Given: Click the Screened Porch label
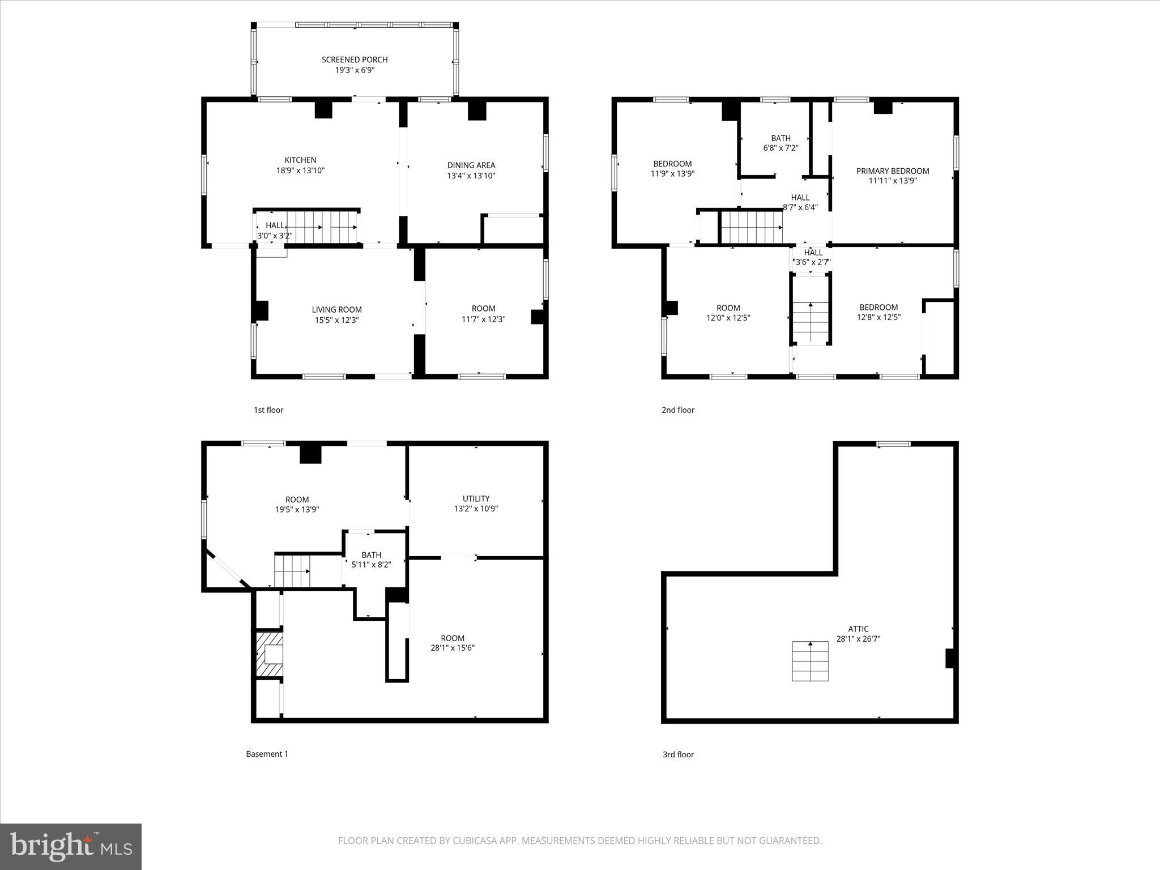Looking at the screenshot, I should pos(355,59).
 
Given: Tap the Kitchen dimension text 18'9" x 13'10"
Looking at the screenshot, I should pos(300,170).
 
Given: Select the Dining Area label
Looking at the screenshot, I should pos(471,165).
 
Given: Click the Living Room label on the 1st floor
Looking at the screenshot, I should pos(336,310).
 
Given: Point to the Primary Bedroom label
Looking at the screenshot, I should pos(893,171).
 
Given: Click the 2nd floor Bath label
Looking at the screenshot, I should pos(781,138).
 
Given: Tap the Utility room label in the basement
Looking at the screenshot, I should pos(476,498).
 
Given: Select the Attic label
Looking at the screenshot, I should pos(858,629).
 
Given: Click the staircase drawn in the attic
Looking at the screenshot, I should pos(810,661).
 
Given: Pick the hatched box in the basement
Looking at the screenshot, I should pos(269,654).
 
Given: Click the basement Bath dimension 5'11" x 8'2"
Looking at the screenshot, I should pos(371,565).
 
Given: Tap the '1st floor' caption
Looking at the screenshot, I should pos(268,410).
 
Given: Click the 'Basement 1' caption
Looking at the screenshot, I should pos(267,754).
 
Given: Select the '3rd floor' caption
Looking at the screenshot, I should pos(678,754).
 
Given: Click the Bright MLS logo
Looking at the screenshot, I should pos(71,846).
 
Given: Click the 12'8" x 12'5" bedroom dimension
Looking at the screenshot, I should pos(878,318).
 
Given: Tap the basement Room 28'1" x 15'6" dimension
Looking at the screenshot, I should pos(453,648).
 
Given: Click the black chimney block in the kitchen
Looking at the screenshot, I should pos(323,110).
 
